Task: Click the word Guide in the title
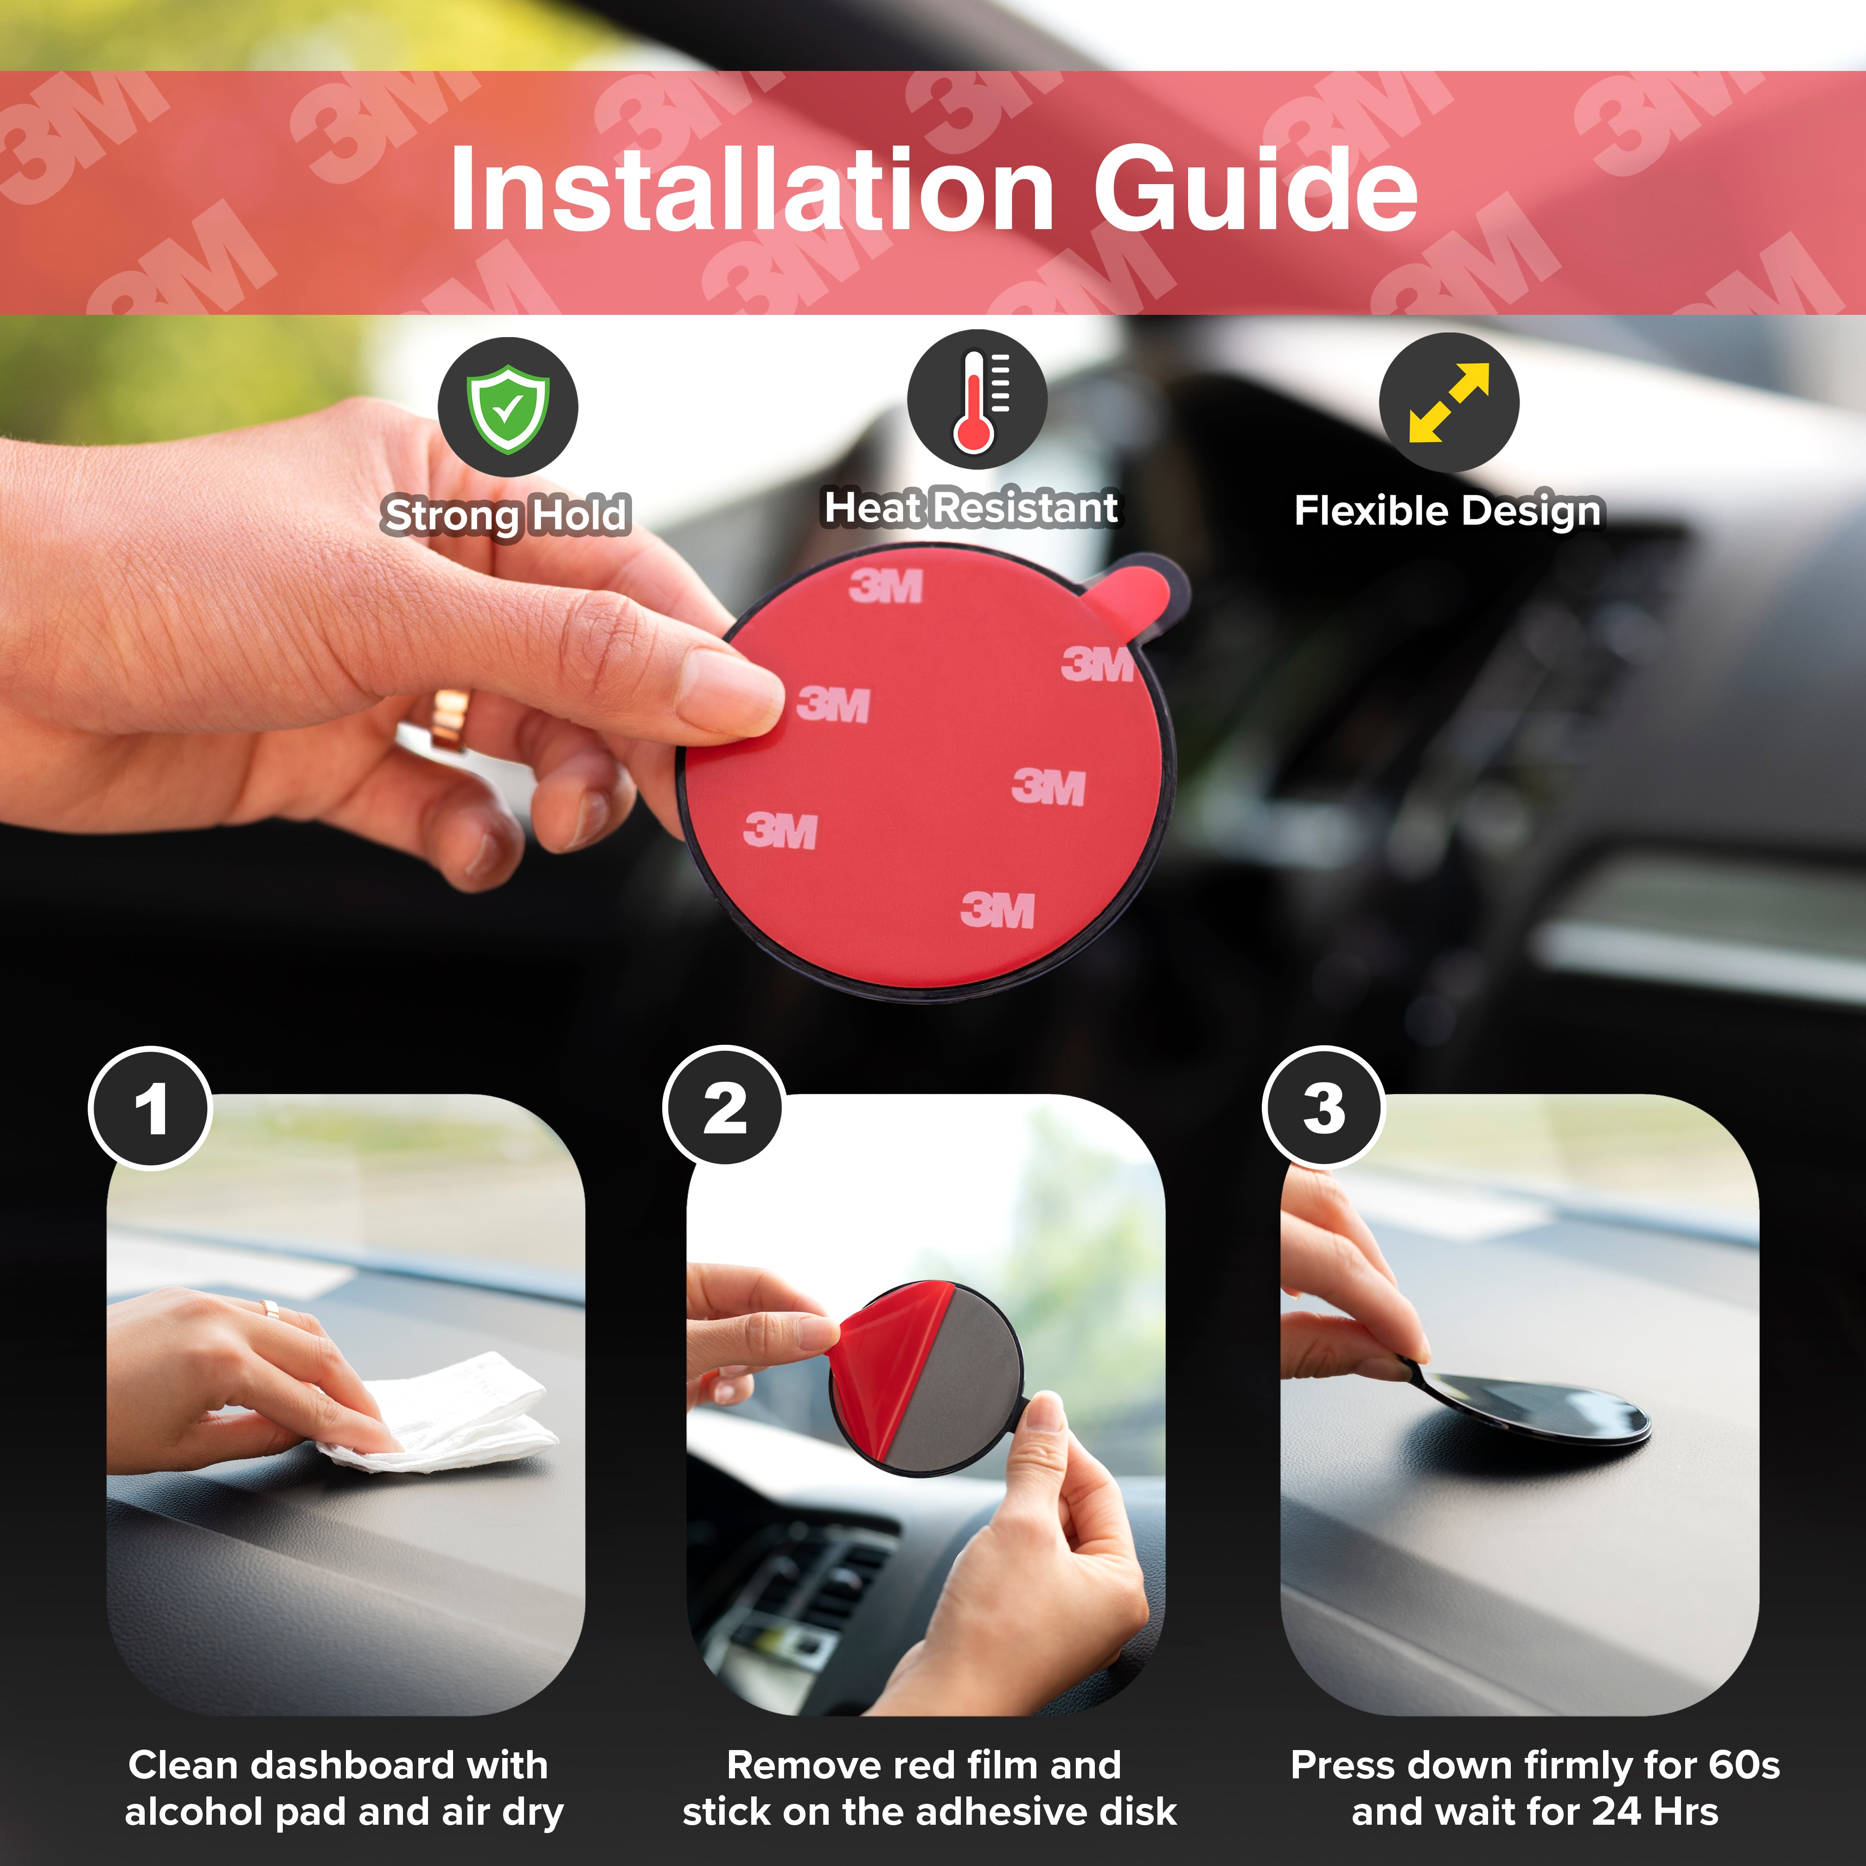click(x=1256, y=189)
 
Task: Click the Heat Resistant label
click(x=971, y=508)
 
